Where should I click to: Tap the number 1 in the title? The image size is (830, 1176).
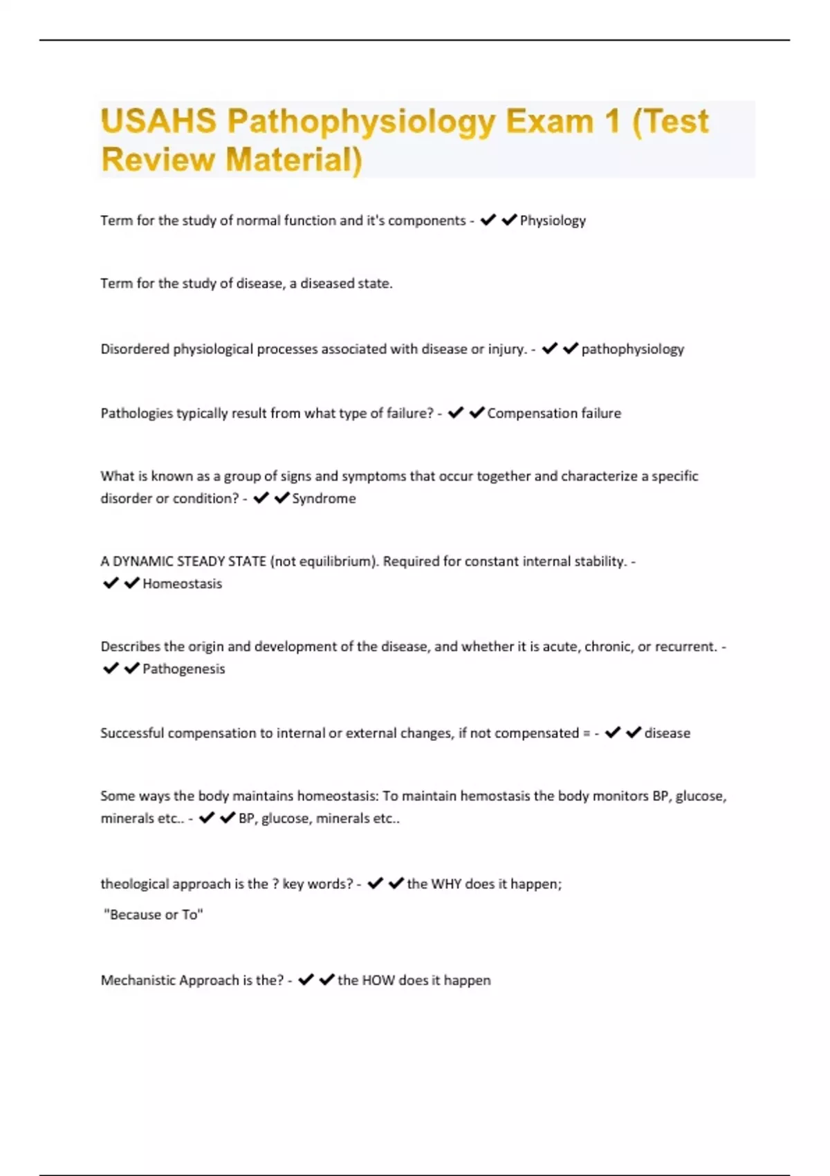611,122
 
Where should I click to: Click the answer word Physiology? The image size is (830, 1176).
553,221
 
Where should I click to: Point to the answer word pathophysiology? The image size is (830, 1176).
632,349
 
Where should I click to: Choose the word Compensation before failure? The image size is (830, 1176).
532,414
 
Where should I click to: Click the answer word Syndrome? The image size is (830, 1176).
324,499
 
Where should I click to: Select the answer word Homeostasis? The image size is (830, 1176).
182,584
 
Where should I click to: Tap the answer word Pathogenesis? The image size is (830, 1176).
183,669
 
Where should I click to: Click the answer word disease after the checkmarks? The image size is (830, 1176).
667,733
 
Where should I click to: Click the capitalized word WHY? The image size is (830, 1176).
446,884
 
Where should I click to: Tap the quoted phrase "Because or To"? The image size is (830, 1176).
154,915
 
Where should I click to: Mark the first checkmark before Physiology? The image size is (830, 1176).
488,220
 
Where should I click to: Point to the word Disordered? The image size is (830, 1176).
135,349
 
